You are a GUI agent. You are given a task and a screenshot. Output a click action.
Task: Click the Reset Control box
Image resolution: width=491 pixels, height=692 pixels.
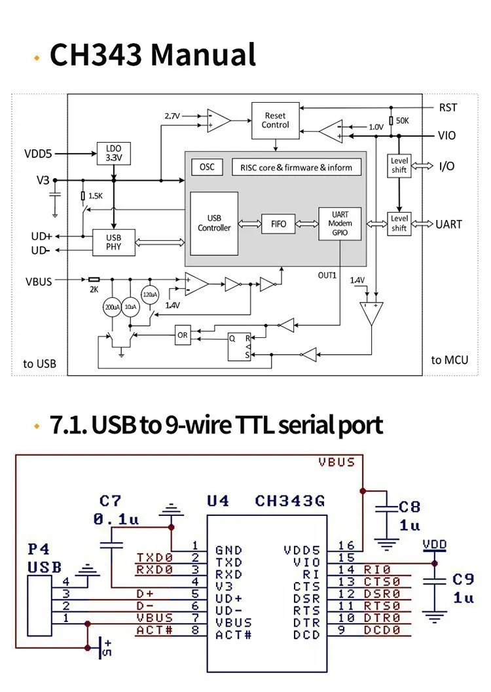click(x=275, y=120)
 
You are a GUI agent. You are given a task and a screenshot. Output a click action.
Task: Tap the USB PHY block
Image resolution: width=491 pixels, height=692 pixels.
click(x=114, y=243)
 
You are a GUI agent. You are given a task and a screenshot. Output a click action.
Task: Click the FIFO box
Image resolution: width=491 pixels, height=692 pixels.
click(x=278, y=223)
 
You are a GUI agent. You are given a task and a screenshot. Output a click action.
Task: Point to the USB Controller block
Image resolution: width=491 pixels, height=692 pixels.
click(x=214, y=223)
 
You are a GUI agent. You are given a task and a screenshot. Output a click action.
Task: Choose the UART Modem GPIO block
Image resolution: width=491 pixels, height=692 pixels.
click(x=340, y=223)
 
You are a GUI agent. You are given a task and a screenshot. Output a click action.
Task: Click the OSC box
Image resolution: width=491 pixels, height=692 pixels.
click(x=207, y=167)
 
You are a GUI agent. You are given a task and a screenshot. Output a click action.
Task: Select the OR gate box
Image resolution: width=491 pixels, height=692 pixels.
click(x=183, y=335)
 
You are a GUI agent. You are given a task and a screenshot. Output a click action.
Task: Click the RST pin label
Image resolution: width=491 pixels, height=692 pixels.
click(x=448, y=108)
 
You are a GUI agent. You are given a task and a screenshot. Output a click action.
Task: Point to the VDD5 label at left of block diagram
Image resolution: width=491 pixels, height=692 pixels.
click(x=37, y=155)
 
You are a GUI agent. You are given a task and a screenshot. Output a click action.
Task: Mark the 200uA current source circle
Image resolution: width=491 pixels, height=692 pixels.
click(x=112, y=306)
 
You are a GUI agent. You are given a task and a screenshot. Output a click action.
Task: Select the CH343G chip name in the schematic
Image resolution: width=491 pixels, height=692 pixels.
click(x=290, y=501)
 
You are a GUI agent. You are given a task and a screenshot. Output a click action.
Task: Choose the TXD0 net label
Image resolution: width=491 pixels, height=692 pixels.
click(x=154, y=558)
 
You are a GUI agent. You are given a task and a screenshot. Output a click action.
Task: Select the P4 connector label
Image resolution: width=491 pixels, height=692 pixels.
click(x=39, y=548)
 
